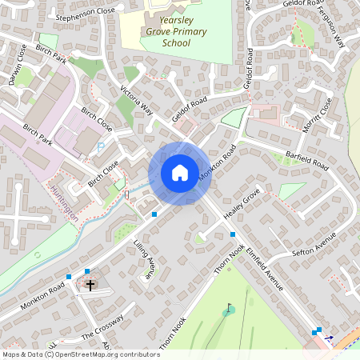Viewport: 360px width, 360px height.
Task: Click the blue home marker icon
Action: coord(180,173)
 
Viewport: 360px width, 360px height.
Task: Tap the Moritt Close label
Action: coord(317,115)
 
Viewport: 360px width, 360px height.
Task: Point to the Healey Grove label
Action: coord(243,205)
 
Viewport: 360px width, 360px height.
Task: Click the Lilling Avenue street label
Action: coord(144,258)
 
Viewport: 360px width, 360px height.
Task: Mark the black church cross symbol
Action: coord(90,284)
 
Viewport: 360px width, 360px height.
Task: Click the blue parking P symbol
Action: coord(100,147)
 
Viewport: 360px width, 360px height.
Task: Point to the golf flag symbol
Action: coord(230,307)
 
